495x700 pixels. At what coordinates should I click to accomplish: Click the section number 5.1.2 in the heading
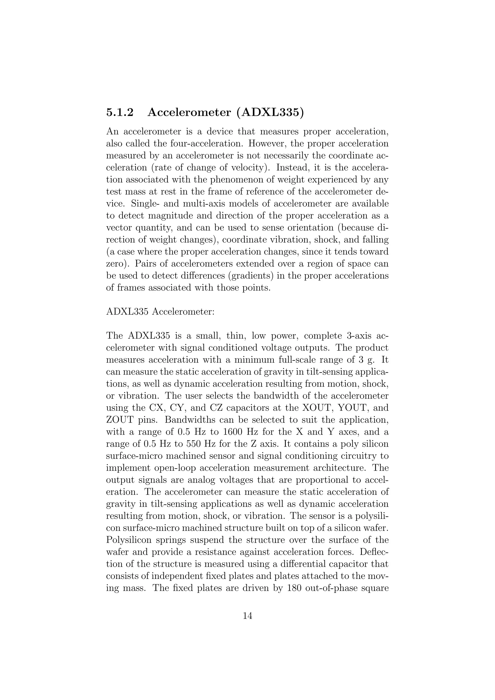120,113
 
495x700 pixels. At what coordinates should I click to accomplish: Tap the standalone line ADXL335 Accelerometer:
160,312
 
